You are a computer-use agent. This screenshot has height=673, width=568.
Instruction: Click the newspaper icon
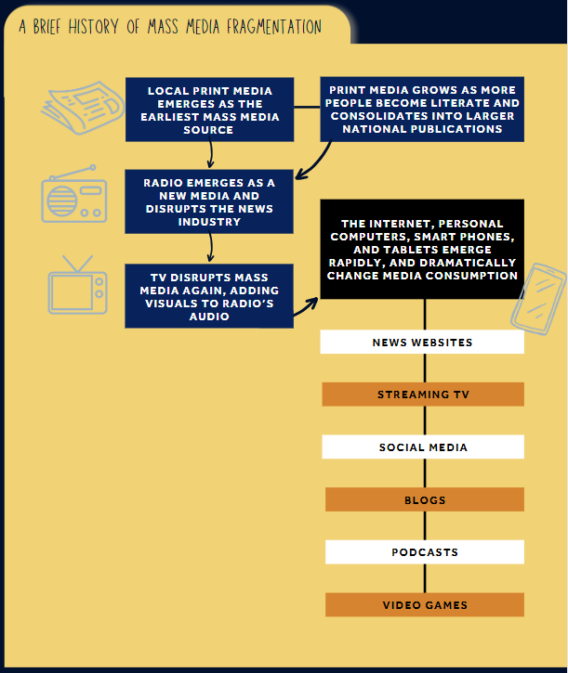pos(83,108)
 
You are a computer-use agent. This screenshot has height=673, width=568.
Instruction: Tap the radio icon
pos(74,194)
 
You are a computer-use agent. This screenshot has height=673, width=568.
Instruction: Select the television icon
pos(77,285)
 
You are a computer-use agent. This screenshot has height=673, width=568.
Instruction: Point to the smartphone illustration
pos(538,299)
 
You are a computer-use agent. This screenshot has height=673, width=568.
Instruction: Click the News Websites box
pos(422,343)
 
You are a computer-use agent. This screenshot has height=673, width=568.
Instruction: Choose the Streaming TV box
pos(423,395)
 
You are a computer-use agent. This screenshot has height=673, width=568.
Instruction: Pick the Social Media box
pos(423,447)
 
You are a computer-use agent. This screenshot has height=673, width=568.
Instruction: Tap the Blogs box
pos(425,499)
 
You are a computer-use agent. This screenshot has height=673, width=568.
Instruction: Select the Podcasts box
pos(425,552)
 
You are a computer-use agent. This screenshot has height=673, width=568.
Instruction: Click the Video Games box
pos(425,604)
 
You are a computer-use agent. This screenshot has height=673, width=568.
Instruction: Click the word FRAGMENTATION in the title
pos(274,27)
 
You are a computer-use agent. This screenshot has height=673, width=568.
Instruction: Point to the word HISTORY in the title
pos(93,27)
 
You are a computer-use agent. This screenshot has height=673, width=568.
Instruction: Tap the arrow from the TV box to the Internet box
pos(306,306)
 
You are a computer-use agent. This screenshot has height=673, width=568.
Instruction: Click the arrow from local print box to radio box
pos(211,154)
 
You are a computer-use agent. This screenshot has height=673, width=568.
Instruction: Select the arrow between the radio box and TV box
pos(210,248)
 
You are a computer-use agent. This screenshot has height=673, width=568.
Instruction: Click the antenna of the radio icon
pos(73,173)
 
